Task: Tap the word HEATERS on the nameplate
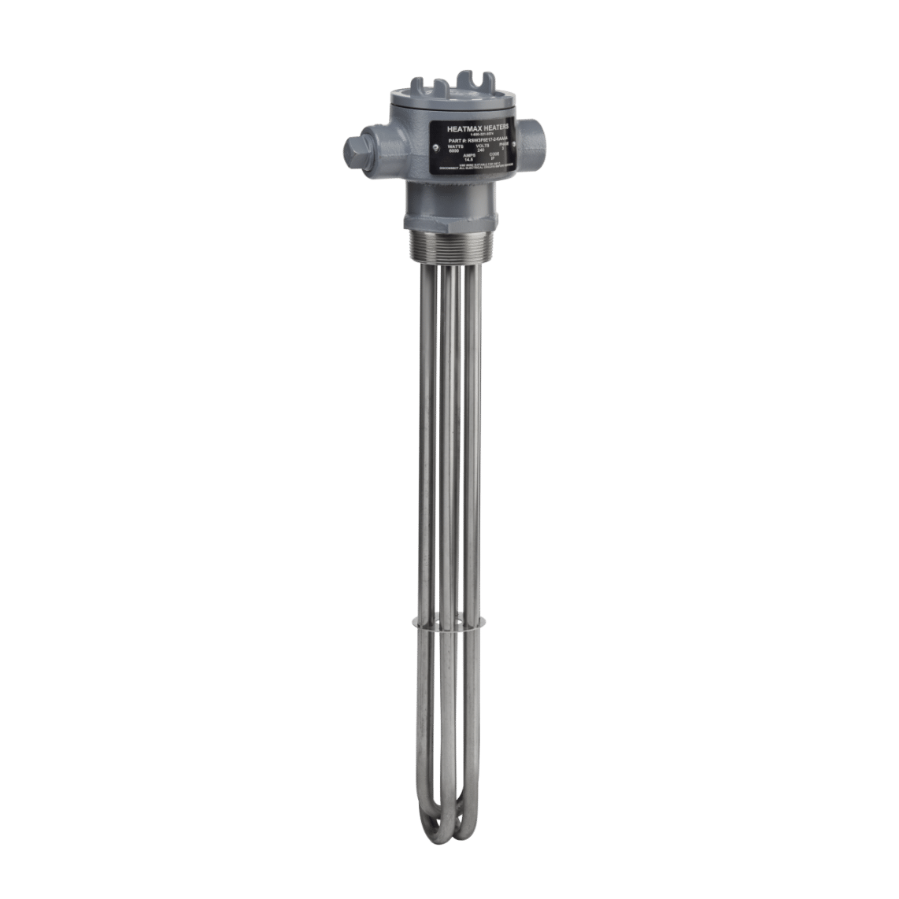point(493,126)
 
